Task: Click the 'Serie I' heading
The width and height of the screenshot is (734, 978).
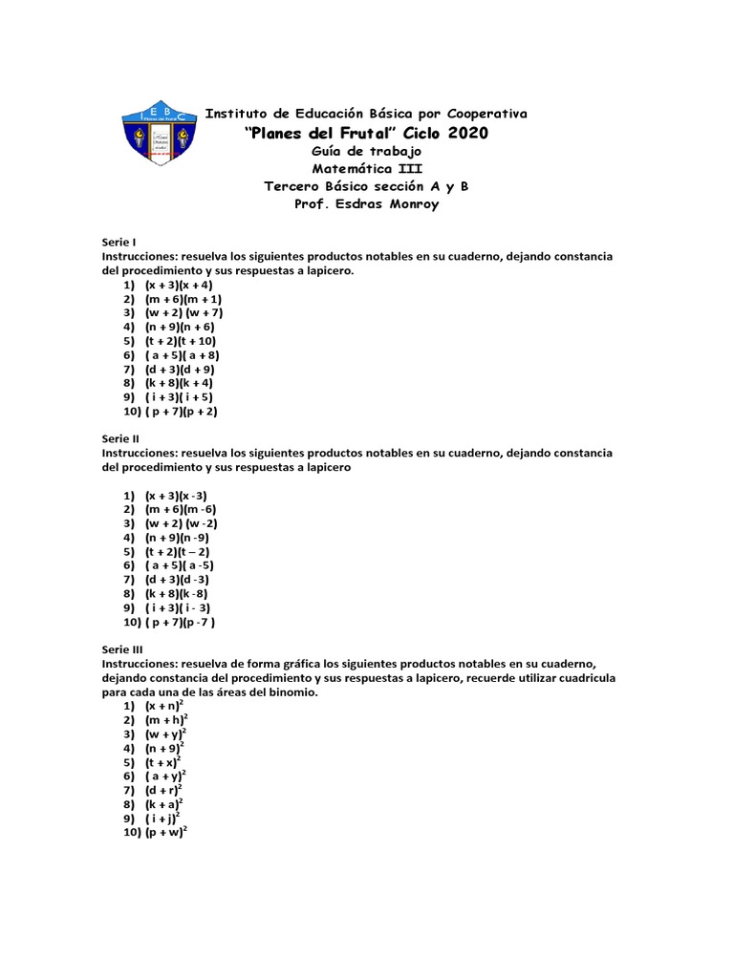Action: point(119,243)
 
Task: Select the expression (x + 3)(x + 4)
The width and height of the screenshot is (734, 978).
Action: point(179,285)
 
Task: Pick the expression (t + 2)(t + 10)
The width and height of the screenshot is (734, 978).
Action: point(181,341)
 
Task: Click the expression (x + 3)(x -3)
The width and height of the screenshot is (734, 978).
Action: point(177,496)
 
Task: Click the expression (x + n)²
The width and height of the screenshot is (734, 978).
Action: point(165,705)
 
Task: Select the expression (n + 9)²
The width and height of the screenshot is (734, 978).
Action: point(165,748)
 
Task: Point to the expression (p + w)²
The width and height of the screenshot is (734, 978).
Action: point(166,832)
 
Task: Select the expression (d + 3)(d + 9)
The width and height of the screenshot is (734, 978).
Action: point(180,369)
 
